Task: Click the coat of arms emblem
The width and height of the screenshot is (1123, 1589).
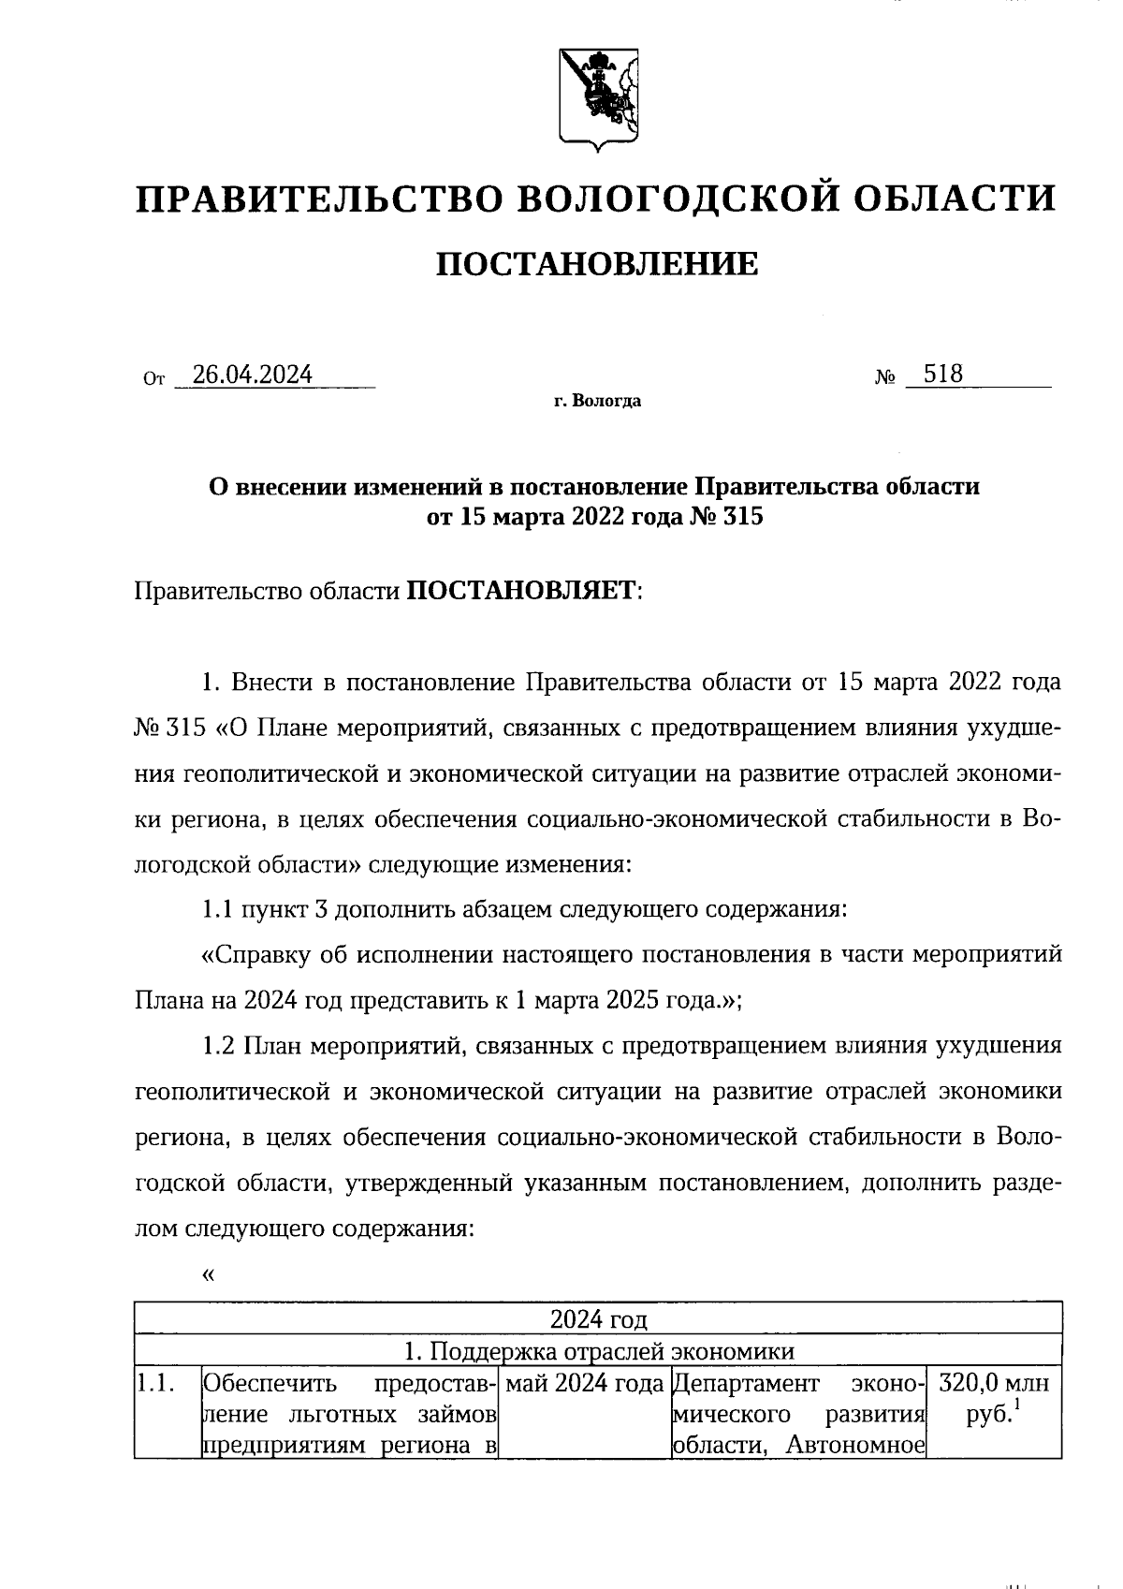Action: coord(596,96)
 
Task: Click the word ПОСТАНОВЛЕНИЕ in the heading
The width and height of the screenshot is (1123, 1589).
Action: coord(596,265)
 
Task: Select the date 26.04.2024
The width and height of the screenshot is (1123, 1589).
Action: coord(251,375)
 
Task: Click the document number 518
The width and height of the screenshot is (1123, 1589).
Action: coord(942,375)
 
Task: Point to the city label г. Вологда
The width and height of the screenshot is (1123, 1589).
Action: coord(596,402)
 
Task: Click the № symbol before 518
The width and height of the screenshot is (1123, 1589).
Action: coord(885,378)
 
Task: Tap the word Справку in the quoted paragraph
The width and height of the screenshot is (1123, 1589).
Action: coord(259,955)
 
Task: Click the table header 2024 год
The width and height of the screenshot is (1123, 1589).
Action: coord(598,1319)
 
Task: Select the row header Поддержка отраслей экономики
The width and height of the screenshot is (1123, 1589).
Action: coord(598,1351)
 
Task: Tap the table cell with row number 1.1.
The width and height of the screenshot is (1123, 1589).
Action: coord(152,1383)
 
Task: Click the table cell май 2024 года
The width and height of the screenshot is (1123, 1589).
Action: coord(583,1383)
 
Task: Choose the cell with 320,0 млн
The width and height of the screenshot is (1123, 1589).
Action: coord(993,1383)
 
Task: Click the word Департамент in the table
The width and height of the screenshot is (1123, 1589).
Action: coord(745,1383)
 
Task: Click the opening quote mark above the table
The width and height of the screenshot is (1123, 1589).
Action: coord(208,1275)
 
